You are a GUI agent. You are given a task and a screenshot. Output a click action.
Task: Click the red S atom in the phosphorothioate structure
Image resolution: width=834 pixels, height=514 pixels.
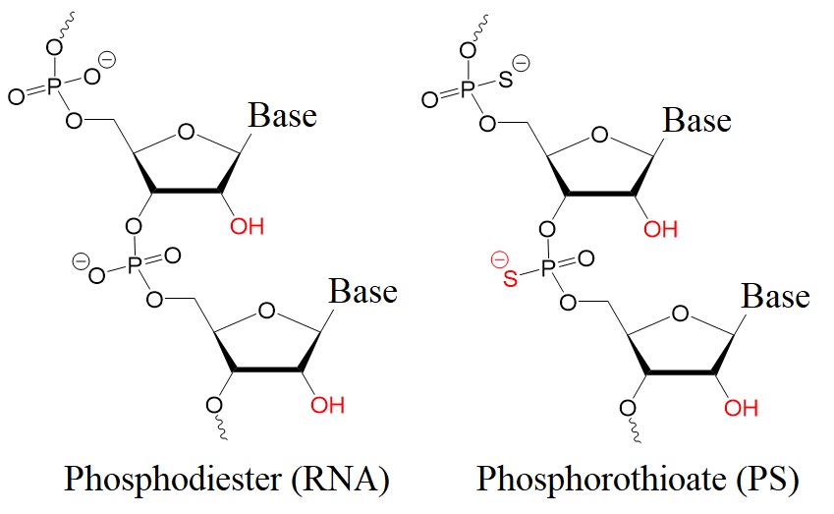pyautogui.click(x=510, y=281)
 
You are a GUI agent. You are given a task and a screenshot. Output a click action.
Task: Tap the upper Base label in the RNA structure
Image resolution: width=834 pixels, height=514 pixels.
pyautogui.click(x=282, y=116)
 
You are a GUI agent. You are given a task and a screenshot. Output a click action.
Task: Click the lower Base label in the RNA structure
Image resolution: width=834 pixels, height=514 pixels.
pyautogui.click(x=362, y=292)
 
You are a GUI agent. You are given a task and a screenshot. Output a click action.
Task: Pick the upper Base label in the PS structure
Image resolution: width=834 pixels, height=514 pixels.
pyautogui.click(x=696, y=121)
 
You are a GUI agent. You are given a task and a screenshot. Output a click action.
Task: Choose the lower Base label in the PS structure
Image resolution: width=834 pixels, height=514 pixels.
pyautogui.click(x=775, y=296)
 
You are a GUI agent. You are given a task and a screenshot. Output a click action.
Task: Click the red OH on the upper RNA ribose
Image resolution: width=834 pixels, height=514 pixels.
pyautogui.click(x=248, y=227)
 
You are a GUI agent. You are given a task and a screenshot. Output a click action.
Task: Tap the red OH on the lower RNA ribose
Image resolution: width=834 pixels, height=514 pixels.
pyautogui.click(x=327, y=404)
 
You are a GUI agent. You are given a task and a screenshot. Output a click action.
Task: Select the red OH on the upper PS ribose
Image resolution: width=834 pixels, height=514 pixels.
pyautogui.click(x=660, y=231)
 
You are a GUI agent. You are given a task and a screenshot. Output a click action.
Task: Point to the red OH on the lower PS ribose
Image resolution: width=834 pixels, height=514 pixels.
pyautogui.click(x=741, y=407)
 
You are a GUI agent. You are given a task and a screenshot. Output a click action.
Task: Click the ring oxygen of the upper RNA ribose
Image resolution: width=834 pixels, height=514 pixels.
pyautogui.click(x=184, y=128)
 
